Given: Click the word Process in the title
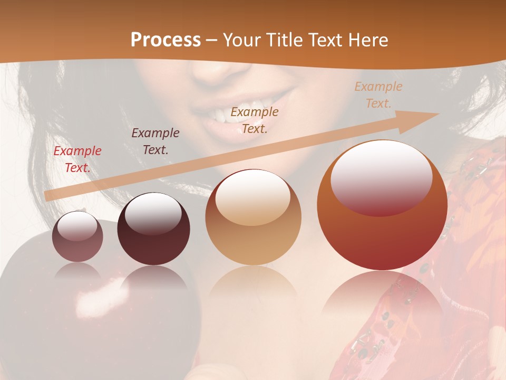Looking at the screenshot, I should coord(166,40).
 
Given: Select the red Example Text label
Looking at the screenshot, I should coord(77,159).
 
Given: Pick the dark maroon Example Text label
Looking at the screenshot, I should coord(155,141).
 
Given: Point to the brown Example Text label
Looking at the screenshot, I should coord(255,120).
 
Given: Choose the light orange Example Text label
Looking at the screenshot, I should coord(378,95).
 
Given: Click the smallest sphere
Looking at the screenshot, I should coord(77,236).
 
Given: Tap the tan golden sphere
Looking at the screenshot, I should coord(253,217).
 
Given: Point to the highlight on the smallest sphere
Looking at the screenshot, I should coord(77,226).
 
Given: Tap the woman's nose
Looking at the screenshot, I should coord(216,74).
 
